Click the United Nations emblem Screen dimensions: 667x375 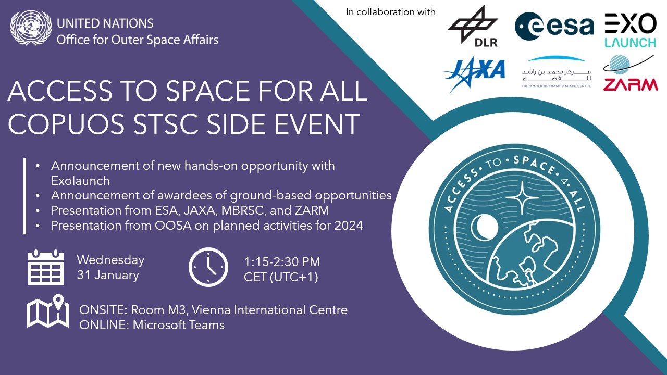(31, 28)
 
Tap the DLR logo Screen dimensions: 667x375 (473, 26)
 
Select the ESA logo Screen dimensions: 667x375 (554, 26)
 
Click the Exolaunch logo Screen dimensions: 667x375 (631, 30)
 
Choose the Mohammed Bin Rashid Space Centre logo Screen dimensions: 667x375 (556, 72)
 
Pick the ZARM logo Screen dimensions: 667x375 (631, 73)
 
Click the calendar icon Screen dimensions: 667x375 (46, 267)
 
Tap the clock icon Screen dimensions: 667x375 (208, 267)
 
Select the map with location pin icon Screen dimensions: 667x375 (48, 311)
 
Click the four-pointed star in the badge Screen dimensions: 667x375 (522, 197)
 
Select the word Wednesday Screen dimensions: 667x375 (110, 260)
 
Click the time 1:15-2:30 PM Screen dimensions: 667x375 (282, 262)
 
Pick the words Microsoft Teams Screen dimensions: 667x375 (178, 325)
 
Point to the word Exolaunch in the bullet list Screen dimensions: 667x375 (80, 181)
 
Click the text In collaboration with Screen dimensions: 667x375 (390, 12)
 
